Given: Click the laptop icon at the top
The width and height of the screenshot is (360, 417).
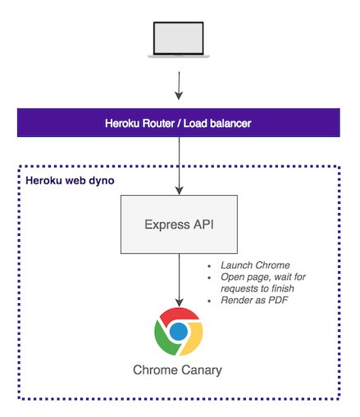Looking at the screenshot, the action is pos(179,39).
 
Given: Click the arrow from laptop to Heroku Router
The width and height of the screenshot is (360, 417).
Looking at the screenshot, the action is pos(179,86).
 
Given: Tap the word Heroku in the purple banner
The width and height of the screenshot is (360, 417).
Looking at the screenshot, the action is pos(122,124).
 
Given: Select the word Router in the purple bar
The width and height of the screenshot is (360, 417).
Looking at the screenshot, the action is pos(158,124).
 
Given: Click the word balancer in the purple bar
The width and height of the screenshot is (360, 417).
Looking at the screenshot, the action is pos(230,124).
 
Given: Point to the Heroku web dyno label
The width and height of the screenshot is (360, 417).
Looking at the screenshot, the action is pos(70,181).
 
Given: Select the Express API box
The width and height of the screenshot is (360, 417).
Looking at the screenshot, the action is pos(179,224).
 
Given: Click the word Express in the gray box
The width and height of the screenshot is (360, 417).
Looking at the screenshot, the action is pos(167,224).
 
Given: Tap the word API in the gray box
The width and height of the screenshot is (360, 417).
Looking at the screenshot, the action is pos(203,224).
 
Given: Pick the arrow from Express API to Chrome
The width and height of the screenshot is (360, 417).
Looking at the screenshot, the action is pos(179,280).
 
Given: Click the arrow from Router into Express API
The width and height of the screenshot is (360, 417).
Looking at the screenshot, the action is pos(179,165).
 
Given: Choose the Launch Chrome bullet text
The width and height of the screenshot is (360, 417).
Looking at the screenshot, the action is pos(255,265).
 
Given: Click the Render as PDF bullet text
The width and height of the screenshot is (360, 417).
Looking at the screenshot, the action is pos(254,300).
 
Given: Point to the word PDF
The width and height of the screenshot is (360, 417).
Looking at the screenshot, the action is pos(278,300).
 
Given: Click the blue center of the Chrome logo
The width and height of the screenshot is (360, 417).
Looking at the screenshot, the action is pos(179,332).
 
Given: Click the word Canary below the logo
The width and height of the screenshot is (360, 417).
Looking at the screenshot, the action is pos(202,370).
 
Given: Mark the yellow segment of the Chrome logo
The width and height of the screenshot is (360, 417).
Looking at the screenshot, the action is pos(194,338).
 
